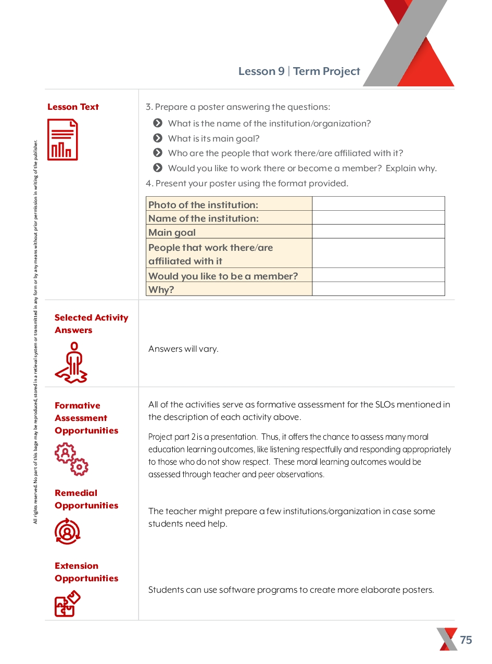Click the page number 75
tap(466, 640)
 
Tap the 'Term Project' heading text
tap(326, 71)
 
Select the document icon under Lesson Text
tap(62, 139)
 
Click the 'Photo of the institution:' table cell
tap(229, 205)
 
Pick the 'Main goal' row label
tap(172, 233)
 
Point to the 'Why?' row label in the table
tap(161, 290)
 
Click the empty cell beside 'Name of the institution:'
tap(379, 218)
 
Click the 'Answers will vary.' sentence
tap(183, 349)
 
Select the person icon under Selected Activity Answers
tap(71, 363)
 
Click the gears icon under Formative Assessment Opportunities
tap(71, 459)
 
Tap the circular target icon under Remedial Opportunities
tap(67, 531)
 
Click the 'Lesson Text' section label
tap(73, 107)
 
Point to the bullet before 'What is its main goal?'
tap(158, 138)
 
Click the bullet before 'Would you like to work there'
tap(158, 168)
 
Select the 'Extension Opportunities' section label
tap(86, 572)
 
